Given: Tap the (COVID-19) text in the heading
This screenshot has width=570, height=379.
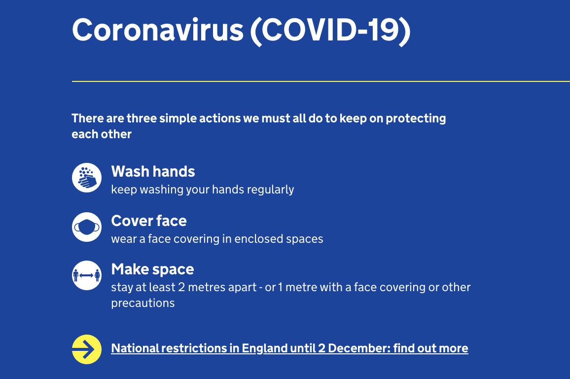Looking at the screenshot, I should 330,30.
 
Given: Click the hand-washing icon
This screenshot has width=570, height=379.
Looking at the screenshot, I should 87,178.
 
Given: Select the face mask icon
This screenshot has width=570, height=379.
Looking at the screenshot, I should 87,227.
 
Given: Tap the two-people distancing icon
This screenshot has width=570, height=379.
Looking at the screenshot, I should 87,275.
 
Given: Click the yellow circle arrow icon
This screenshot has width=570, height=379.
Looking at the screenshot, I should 87,349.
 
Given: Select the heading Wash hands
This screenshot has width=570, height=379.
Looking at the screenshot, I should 153,172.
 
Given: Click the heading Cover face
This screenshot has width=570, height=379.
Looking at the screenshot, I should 149,221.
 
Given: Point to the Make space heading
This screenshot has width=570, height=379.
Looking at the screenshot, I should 152,269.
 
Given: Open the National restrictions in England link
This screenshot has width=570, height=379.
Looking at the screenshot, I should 289,348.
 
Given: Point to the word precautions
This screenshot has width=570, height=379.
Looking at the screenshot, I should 142,303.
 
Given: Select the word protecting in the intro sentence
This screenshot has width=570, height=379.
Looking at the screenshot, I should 416,118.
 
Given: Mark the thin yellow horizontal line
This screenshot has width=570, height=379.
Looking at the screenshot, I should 321,81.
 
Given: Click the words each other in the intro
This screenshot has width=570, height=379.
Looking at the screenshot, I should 102,134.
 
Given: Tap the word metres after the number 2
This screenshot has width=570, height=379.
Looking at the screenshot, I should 196,287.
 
